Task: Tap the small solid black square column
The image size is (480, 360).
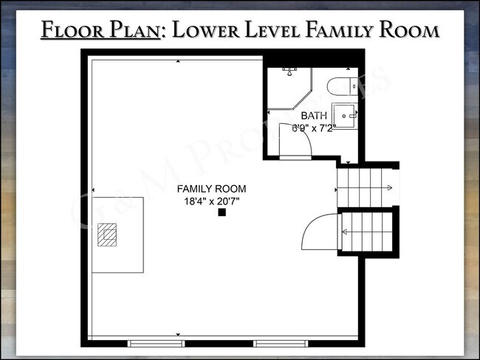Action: point(221,213)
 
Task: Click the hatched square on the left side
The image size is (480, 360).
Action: point(109,235)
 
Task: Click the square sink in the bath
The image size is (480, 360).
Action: point(345,115)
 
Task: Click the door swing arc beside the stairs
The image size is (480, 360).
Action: point(319,233)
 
